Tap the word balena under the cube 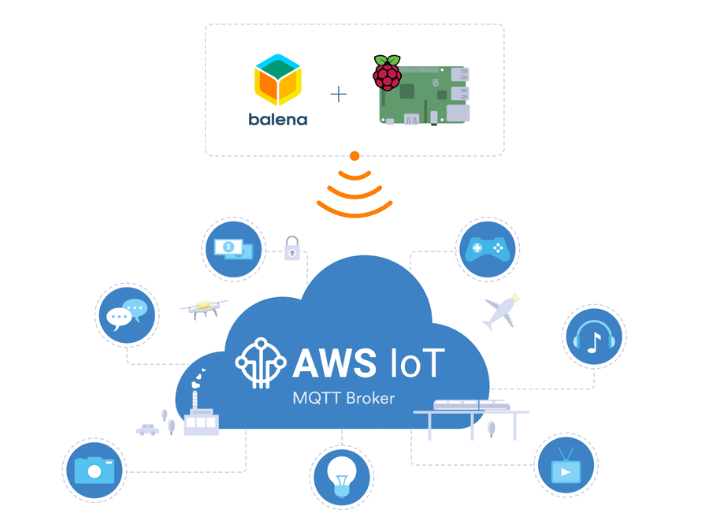278,120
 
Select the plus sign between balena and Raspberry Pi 338,95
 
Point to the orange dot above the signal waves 354,156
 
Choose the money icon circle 233,249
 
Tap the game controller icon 488,249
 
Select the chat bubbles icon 127,314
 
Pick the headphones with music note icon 594,337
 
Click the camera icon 95,470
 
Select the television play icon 565,465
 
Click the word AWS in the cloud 335,363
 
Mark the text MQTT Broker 343,398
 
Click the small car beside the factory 147,430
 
